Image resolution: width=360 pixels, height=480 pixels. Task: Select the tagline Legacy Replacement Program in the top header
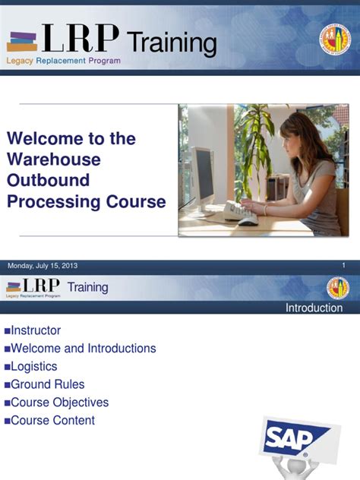pyautogui.click(x=64, y=61)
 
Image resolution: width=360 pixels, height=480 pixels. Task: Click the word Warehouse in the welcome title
pyautogui.click(x=53, y=159)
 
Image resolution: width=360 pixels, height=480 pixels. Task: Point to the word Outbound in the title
pyautogui.click(x=48, y=181)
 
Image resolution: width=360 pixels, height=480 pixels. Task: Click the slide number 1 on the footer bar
pyautogui.click(x=344, y=265)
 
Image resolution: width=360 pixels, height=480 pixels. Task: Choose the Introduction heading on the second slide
pyautogui.click(x=314, y=308)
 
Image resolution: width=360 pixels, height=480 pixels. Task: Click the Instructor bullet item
pyautogui.click(x=35, y=331)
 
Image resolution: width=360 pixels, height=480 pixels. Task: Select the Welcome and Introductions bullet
pyautogui.click(x=83, y=349)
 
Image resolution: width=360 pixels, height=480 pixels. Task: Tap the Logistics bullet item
pyautogui.click(x=33, y=367)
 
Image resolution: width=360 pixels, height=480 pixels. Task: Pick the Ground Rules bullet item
pyautogui.click(x=47, y=384)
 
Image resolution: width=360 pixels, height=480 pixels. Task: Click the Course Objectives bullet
pyautogui.click(x=59, y=403)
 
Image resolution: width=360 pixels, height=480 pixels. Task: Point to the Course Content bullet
pyautogui.click(x=52, y=420)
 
